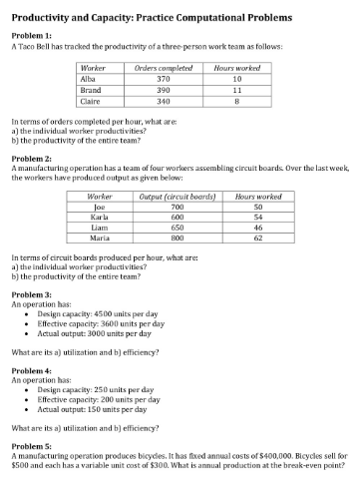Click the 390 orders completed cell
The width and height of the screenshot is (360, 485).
(164, 90)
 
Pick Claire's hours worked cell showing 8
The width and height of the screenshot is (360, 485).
(236, 101)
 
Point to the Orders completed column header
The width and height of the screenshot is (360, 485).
(164, 67)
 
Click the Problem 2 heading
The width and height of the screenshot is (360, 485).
(30, 159)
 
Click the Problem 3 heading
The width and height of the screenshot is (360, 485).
(30, 296)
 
